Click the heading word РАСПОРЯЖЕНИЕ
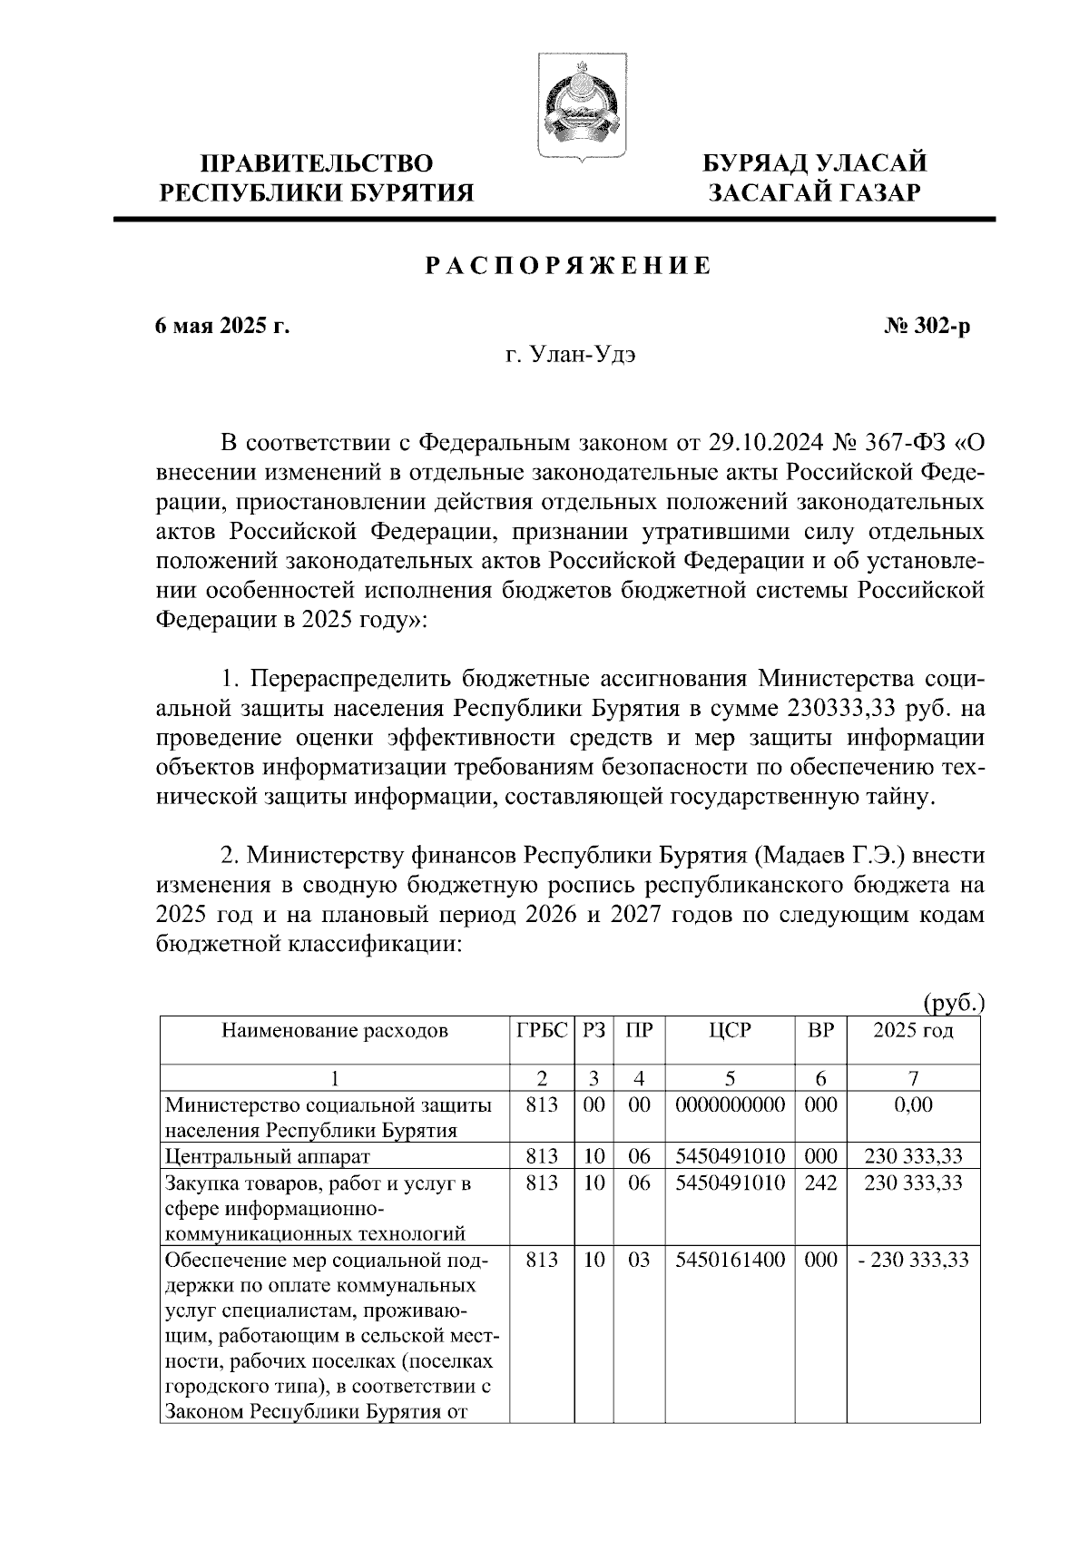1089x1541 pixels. [568, 266]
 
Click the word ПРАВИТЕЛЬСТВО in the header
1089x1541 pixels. [317, 163]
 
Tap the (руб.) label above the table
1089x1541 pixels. [952, 1004]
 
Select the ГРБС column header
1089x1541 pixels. [542, 1031]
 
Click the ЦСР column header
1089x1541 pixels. [731, 1031]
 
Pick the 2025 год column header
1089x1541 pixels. [913, 1031]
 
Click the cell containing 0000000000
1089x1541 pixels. [731, 1105]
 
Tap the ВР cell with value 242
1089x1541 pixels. [820, 1183]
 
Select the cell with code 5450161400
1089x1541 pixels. [731, 1260]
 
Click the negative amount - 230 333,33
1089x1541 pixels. [913, 1260]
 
